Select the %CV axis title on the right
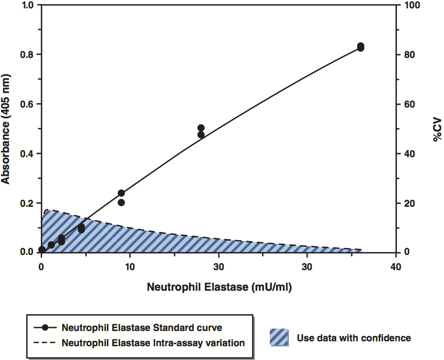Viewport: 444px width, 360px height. [437, 129]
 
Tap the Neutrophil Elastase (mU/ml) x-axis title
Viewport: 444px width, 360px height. [219, 287]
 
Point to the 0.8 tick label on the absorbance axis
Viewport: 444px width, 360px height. [26, 55]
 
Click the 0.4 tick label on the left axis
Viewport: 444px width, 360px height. [26, 154]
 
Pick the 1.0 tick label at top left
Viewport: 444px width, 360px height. [26, 5]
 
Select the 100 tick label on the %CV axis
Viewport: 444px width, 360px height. [410, 5]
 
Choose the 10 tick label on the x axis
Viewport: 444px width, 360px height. [130, 267]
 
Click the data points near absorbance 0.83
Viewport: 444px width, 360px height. [361, 47]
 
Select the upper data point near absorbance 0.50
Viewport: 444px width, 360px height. [201, 128]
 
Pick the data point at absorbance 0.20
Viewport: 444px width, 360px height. [121, 202]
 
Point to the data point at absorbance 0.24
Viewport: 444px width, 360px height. [121, 193]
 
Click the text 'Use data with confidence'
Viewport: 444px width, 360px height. [354, 338]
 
